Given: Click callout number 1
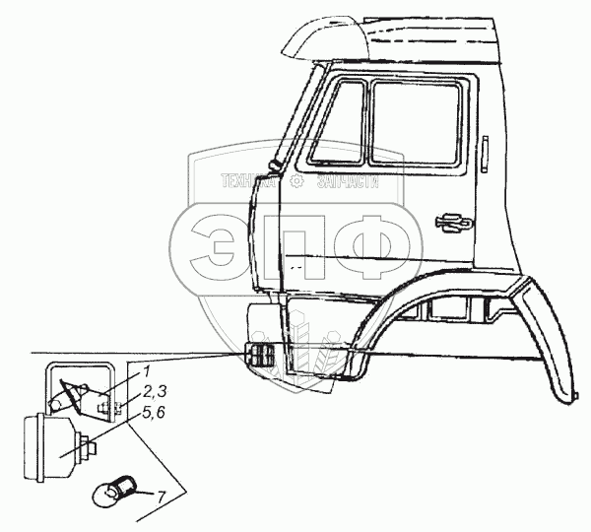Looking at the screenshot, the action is point(145,370).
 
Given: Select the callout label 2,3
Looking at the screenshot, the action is point(151,392).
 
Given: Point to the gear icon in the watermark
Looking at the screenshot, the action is point(296,180).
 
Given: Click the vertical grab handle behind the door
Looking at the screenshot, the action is point(486,156).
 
